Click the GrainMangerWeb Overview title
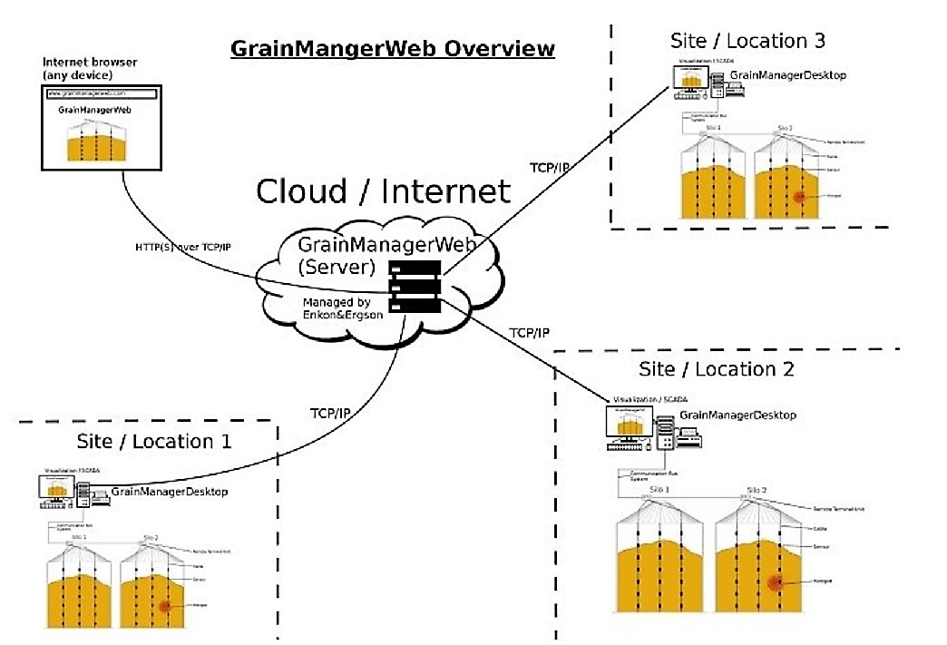(x=392, y=48)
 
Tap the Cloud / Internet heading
(x=383, y=191)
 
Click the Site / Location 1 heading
(x=153, y=442)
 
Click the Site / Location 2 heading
(x=717, y=369)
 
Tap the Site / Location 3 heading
(x=747, y=41)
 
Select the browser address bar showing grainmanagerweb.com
(x=101, y=93)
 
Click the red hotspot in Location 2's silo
(x=776, y=581)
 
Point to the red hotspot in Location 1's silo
(x=164, y=606)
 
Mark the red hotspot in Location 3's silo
(x=800, y=198)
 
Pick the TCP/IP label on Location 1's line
(x=330, y=413)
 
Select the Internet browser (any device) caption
(x=90, y=68)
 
